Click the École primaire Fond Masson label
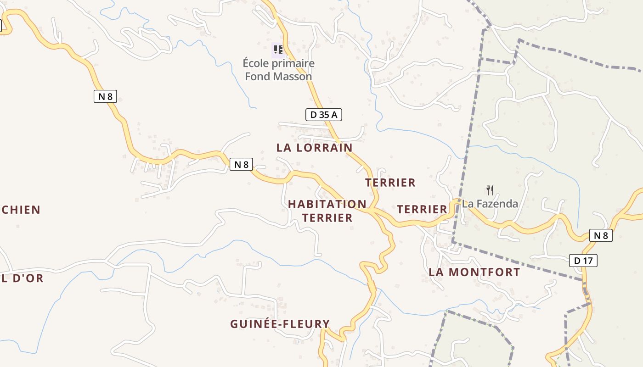point(278,70)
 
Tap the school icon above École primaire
point(277,49)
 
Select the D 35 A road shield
point(324,115)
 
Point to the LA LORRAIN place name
point(315,148)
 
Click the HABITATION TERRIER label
point(327,211)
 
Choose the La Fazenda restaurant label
point(490,204)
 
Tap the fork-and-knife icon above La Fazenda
point(490,189)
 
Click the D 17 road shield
point(583,261)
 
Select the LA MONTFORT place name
point(474,272)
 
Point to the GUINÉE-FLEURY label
point(280,324)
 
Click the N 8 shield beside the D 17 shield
point(601,236)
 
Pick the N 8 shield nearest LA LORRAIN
point(241,164)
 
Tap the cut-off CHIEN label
point(21,210)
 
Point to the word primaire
point(293,63)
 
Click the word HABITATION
point(327,204)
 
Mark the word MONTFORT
point(484,272)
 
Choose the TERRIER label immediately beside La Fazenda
point(422,210)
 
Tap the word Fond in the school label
point(255,77)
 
